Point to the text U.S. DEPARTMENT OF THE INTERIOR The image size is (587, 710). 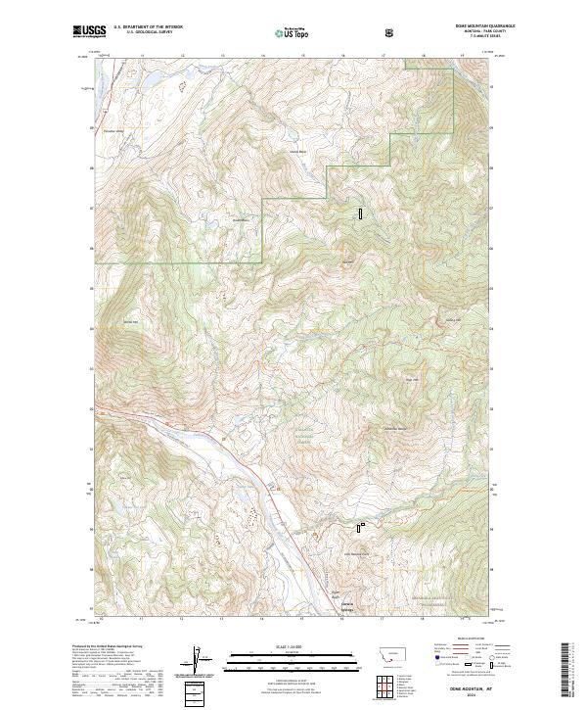tap(148, 27)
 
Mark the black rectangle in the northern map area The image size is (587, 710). tap(360, 212)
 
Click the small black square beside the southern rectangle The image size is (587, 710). tap(364, 525)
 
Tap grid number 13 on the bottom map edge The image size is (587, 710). tap(221, 618)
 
